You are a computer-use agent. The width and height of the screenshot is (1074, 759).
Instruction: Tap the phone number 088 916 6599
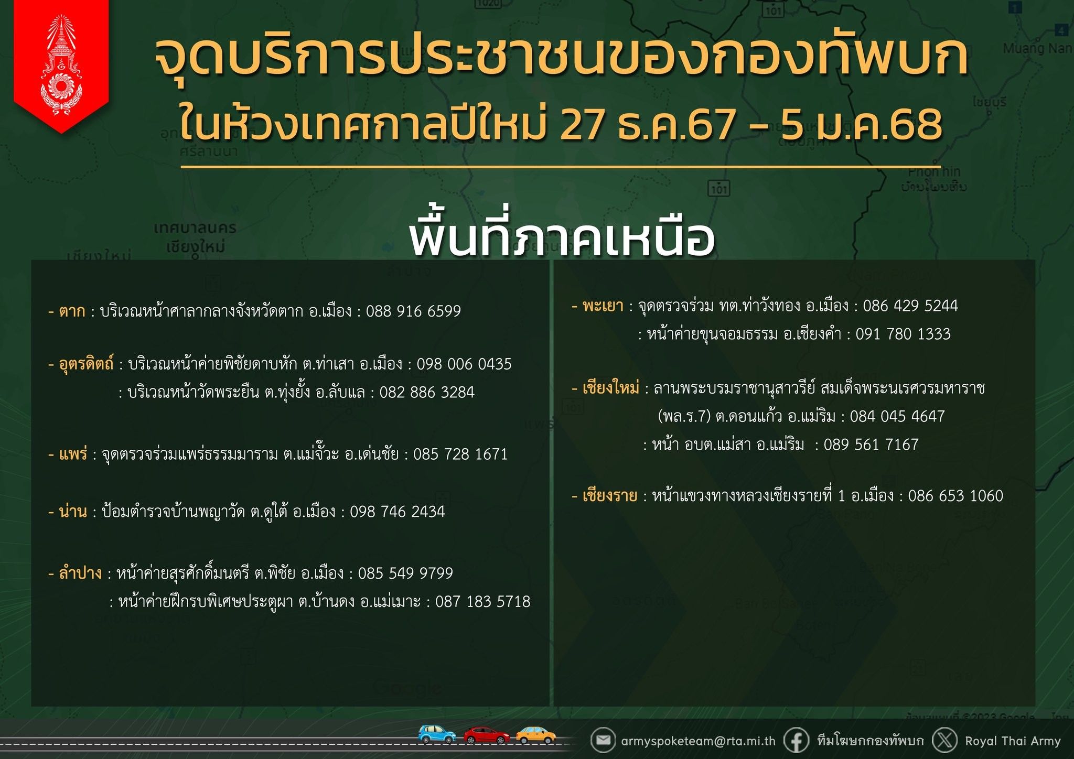click(x=413, y=311)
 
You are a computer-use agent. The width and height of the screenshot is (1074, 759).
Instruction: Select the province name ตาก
click(x=72, y=311)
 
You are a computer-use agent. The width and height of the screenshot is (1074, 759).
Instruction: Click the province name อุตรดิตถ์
click(x=86, y=364)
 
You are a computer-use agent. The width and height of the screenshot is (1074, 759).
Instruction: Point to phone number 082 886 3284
click(x=427, y=392)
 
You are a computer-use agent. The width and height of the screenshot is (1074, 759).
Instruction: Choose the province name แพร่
click(x=73, y=453)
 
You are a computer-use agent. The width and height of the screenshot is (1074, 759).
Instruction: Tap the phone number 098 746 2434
click(x=397, y=512)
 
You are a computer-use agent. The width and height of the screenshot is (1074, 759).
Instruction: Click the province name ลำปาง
click(x=80, y=573)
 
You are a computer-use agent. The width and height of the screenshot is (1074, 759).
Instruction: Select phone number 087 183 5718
click(x=482, y=601)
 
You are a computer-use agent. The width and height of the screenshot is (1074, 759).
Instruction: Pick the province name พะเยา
click(x=603, y=306)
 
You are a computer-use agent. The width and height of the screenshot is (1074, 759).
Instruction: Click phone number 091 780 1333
click(x=903, y=334)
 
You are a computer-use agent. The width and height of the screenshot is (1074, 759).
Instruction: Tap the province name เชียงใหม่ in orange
click(x=611, y=388)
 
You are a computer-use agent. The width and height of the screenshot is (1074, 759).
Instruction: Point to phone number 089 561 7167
click(x=871, y=444)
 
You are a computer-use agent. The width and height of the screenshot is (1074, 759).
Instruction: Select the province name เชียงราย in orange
click(x=610, y=496)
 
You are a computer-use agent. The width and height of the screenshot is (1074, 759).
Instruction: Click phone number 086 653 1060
click(x=955, y=496)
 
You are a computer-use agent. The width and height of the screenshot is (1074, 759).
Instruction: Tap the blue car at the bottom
click(x=437, y=734)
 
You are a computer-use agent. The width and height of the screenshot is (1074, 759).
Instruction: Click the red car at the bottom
click(x=486, y=735)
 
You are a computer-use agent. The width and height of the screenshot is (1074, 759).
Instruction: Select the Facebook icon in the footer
click(x=796, y=741)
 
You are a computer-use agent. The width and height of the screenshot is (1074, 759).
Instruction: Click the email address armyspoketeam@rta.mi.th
click(x=698, y=741)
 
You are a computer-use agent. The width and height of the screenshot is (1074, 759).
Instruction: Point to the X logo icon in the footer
click(x=945, y=741)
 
